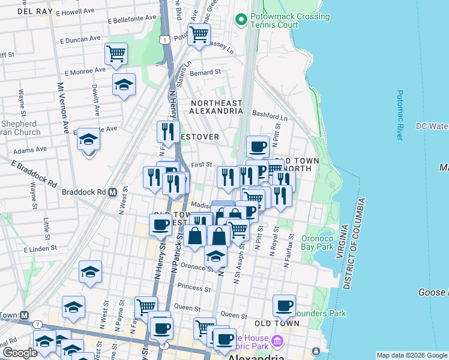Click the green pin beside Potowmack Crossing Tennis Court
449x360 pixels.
click(x=241, y=20)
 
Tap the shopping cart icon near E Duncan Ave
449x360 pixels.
click(x=116, y=53)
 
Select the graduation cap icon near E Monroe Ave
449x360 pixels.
click(x=124, y=85)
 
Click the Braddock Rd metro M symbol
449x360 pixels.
click(x=112, y=193)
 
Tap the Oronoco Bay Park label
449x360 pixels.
click(x=316, y=241)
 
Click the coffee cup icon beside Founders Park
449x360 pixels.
click(x=285, y=305)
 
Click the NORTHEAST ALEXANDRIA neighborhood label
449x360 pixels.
click(x=217, y=107)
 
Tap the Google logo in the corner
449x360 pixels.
click(x=20, y=352)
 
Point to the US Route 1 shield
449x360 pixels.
click(x=164, y=39)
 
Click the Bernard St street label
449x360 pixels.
click(x=206, y=72)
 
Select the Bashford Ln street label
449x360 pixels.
click(x=271, y=115)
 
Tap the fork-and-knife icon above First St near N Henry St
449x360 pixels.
click(x=168, y=131)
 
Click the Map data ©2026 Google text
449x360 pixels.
click(x=411, y=355)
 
